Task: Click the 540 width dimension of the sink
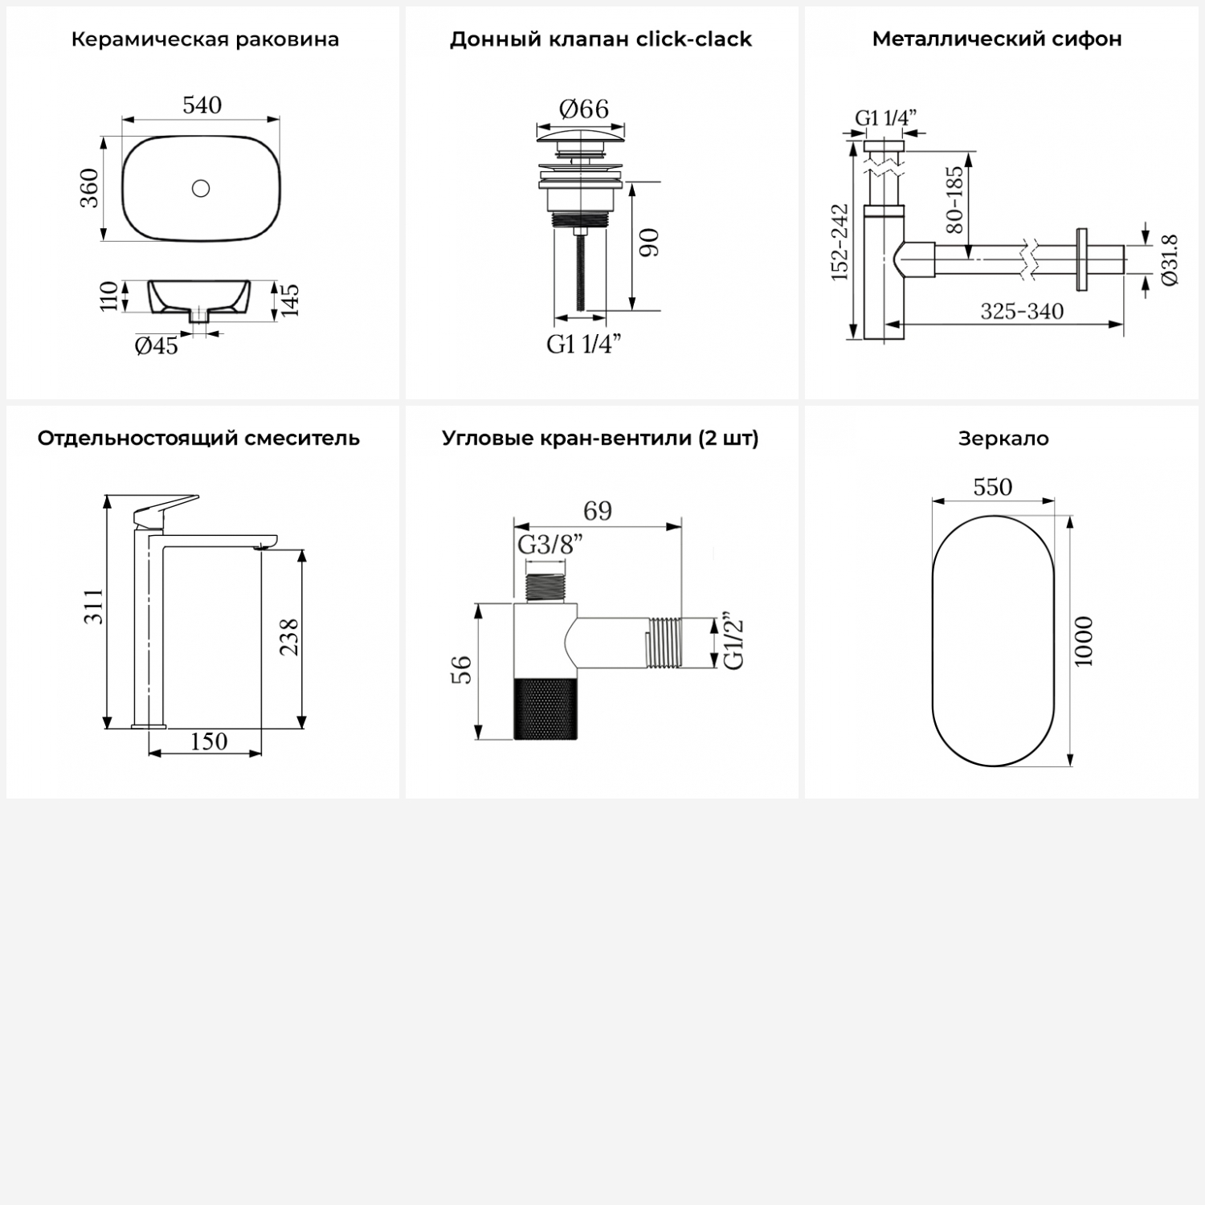click(202, 105)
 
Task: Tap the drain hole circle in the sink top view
click(201, 188)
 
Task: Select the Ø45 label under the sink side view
click(157, 346)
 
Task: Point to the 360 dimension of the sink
click(89, 188)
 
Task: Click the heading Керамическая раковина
click(205, 39)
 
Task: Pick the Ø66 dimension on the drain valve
click(584, 108)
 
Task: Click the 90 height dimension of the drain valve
click(649, 243)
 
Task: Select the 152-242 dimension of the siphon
click(839, 242)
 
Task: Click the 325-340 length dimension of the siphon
click(1022, 311)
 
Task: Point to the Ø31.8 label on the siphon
click(1169, 260)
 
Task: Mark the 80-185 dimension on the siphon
click(954, 199)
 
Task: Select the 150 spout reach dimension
click(208, 741)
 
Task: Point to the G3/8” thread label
click(550, 545)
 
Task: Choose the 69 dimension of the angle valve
click(598, 512)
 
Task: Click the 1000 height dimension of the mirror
click(1084, 641)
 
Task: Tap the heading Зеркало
click(1003, 439)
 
